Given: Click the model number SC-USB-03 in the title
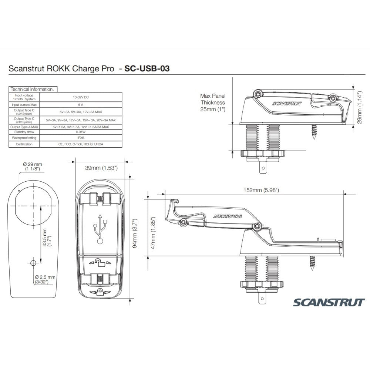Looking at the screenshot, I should tap(147, 68).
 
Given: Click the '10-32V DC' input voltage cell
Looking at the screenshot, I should tap(81, 97).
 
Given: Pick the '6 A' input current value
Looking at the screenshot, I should tap(81, 105).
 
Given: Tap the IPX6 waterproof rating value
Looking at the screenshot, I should tap(81, 138).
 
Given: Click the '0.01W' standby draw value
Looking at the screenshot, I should tap(81, 132).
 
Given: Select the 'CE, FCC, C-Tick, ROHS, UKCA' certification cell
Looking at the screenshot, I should tap(81, 144).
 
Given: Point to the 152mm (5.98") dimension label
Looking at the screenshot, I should tap(261, 190).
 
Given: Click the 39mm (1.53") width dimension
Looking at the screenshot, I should tap(101, 168).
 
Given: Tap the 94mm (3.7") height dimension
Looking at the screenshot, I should tap(135, 229).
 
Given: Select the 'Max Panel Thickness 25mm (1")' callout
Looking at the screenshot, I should tap(212, 102).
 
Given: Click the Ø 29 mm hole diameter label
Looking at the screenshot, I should tap(32, 166).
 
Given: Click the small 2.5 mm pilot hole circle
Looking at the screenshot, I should tap(33, 262).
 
